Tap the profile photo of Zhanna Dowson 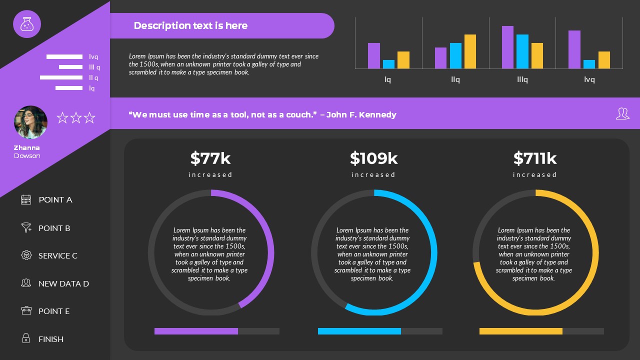30,122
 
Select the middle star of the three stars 76,118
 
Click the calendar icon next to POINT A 26,199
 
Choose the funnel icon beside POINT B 26,227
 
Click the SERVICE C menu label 58,255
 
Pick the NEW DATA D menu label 63,283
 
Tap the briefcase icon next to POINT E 26,310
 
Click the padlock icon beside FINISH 26,338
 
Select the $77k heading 210,158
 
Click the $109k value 373,158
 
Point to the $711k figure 534,158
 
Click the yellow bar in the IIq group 470,51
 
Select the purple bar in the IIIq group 507,47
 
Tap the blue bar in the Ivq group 589,64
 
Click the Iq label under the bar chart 388,79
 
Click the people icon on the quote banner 622,113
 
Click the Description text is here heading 190,25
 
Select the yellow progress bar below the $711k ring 520,331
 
